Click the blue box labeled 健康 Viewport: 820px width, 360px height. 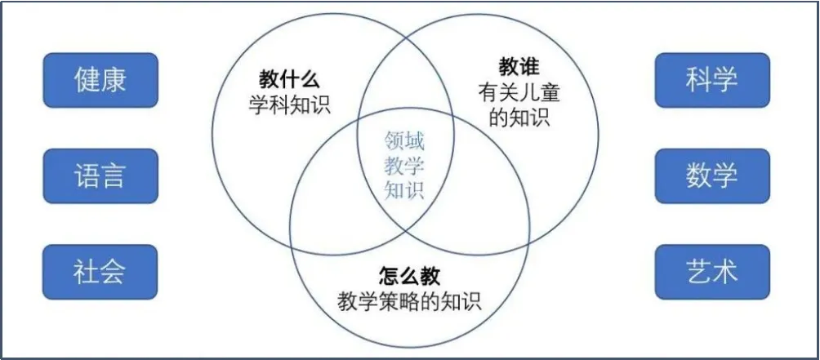tap(100, 80)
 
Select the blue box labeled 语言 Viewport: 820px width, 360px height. tap(100, 176)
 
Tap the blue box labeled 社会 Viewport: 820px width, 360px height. tap(100, 271)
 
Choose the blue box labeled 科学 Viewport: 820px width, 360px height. tap(711, 80)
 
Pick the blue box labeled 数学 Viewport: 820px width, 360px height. tap(711, 176)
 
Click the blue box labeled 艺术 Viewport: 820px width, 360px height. tap(711, 271)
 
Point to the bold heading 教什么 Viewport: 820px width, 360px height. tap(289, 80)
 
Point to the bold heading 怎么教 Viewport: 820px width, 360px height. tap(409, 275)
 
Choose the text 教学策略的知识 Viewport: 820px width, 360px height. tap(409, 301)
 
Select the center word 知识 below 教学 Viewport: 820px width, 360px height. tap(405, 191)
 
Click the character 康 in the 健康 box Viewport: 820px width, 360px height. tap(114, 80)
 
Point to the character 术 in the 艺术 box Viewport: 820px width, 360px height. tap(725, 271)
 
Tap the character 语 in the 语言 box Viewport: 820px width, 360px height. tap(86, 176)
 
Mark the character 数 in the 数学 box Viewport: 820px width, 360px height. tap(697, 176)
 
